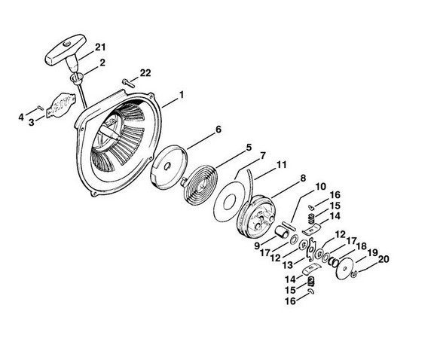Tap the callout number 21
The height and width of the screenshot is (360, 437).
pyautogui.click(x=100, y=47)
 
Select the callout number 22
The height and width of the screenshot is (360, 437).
pyautogui.click(x=145, y=73)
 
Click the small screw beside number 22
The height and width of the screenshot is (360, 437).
pyautogui.click(x=128, y=83)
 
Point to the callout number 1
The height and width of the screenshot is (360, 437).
pyautogui.click(x=182, y=95)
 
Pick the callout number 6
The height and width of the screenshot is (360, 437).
pyautogui.click(x=218, y=130)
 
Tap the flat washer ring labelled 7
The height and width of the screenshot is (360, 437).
pyautogui.click(x=229, y=201)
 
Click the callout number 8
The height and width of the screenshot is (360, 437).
pyautogui.click(x=303, y=178)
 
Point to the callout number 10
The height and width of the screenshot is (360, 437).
pyautogui.click(x=320, y=187)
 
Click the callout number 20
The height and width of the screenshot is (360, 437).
pyautogui.click(x=383, y=259)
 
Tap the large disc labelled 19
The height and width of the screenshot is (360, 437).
pyautogui.click(x=344, y=268)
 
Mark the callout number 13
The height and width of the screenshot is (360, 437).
pyautogui.click(x=288, y=265)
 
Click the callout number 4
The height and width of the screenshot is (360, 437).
pyautogui.click(x=21, y=117)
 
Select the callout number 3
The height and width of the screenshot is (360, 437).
pyautogui.click(x=31, y=122)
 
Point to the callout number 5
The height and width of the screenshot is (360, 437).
pyautogui.click(x=248, y=148)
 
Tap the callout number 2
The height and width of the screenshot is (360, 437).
pyautogui.click(x=102, y=63)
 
